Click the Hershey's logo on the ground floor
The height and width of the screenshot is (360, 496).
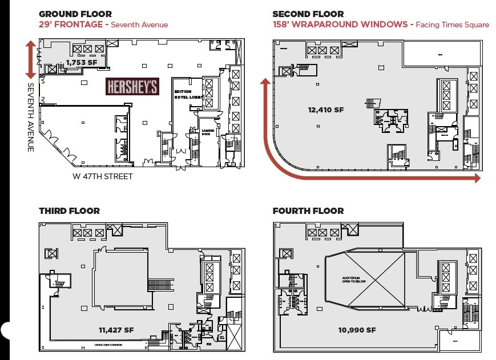132,87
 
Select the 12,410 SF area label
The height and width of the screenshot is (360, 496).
326,110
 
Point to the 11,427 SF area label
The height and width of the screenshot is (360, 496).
116,330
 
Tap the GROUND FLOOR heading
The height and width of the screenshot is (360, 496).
75,14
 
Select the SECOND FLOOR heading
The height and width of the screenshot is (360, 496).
308,14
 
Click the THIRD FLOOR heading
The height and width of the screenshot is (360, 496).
69,211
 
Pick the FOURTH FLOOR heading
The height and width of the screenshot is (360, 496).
308,211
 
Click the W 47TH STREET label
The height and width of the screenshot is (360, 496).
103,176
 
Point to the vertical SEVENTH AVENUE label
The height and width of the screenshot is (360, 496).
30,117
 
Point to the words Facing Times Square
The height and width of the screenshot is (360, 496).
452,25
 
